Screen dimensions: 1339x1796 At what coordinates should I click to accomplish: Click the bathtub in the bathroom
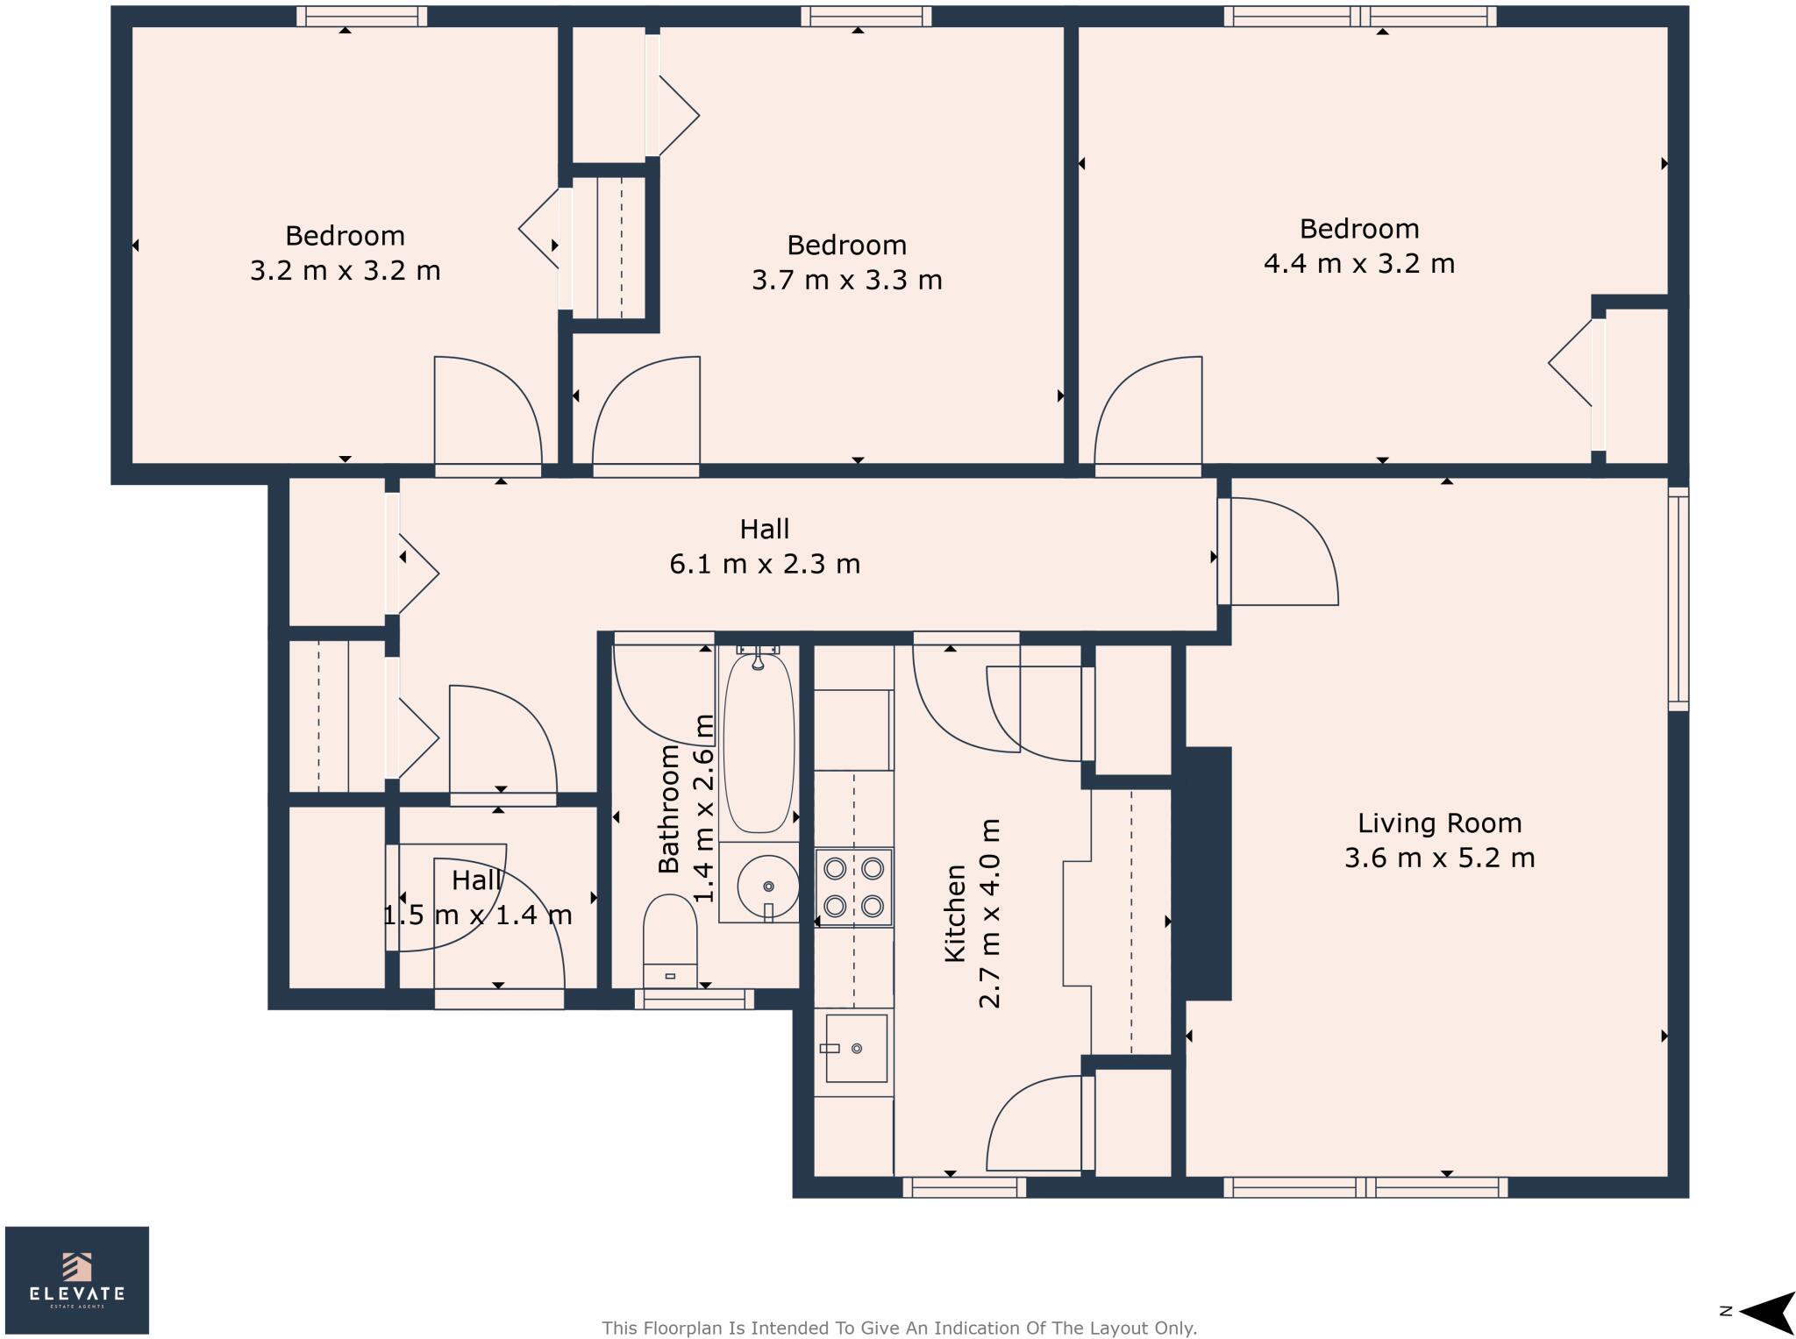[759, 742]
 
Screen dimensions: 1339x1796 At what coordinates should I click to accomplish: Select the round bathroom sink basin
[767, 887]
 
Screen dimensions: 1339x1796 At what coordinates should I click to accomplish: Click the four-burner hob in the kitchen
[853, 887]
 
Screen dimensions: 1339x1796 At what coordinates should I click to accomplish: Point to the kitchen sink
[855, 1048]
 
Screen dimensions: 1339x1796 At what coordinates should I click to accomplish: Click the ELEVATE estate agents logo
[77, 1279]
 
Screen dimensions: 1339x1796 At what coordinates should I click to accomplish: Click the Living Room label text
[1439, 823]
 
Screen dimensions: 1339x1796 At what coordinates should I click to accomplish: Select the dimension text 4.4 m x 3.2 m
[1358, 263]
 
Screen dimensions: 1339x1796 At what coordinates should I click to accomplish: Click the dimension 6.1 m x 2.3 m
[765, 564]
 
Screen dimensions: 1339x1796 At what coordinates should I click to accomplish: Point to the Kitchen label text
[955, 913]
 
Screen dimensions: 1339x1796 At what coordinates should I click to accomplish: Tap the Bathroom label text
[669, 808]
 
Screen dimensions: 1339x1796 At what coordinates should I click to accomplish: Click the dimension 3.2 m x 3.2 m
[345, 270]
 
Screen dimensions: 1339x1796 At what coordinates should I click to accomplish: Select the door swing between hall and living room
[1280, 552]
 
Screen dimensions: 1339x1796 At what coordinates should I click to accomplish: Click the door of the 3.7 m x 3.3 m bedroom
[646, 412]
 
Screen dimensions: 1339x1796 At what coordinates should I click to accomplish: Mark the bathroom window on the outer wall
[694, 998]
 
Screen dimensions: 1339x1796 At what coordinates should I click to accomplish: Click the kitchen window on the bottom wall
[964, 1187]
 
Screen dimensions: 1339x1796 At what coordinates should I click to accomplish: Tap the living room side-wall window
[1677, 599]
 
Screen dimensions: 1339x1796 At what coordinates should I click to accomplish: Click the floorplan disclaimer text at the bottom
[899, 1328]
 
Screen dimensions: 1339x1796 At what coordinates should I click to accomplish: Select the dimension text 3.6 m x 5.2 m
[1439, 858]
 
